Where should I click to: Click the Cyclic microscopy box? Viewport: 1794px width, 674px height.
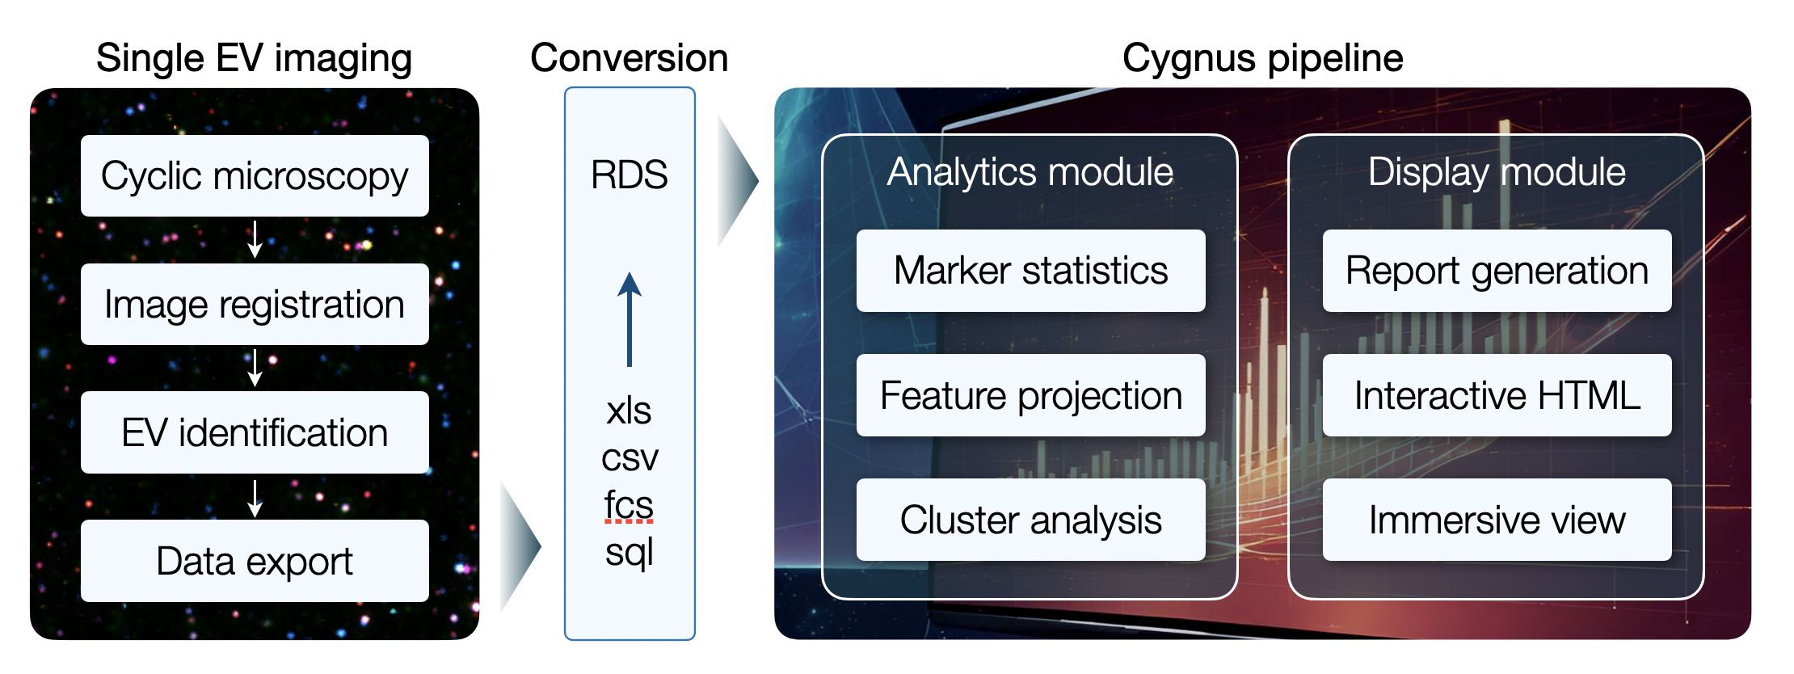click(x=255, y=175)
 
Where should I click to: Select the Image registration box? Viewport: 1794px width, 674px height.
click(x=255, y=304)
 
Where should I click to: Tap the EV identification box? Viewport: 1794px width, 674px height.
click(x=255, y=432)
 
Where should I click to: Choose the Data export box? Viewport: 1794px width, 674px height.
click(x=255, y=561)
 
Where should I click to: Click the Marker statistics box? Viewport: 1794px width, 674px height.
click(x=1030, y=271)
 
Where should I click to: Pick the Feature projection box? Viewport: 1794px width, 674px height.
click(x=1030, y=395)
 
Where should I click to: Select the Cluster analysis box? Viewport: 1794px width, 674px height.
click(x=1030, y=520)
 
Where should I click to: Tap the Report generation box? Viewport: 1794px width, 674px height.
click(x=1497, y=271)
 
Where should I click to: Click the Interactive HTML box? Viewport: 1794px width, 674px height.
click(x=1497, y=395)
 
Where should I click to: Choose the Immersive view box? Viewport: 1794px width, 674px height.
click(x=1497, y=520)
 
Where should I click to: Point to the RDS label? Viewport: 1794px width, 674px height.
click(x=630, y=175)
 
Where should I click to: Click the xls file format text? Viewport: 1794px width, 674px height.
click(x=629, y=411)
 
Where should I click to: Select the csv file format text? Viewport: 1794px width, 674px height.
click(x=630, y=459)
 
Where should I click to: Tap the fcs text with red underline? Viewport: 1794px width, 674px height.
click(x=629, y=505)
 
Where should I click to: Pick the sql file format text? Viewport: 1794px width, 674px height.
click(x=630, y=554)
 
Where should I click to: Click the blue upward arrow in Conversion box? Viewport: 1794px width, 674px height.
click(x=630, y=319)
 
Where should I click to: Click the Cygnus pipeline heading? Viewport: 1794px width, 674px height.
click(x=1262, y=59)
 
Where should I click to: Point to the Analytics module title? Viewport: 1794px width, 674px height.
click(x=1030, y=172)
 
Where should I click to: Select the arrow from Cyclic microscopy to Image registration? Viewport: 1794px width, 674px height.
click(x=255, y=239)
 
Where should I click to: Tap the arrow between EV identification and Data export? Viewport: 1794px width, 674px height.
click(x=255, y=499)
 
